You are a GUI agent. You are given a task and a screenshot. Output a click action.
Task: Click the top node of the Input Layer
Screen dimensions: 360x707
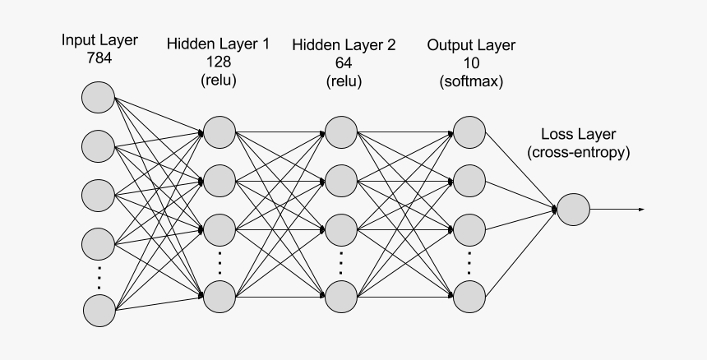click(x=98, y=97)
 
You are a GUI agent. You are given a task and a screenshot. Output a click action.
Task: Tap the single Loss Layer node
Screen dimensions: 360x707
click(x=573, y=210)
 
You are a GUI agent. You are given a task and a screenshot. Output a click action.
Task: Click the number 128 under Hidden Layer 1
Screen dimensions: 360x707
click(x=218, y=62)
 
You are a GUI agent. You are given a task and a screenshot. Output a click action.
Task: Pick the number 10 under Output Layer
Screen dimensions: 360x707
click(x=470, y=62)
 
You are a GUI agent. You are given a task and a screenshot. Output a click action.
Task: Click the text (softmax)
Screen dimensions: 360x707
click(x=471, y=81)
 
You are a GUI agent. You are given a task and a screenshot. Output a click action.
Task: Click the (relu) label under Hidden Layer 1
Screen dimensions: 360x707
click(x=218, y=81)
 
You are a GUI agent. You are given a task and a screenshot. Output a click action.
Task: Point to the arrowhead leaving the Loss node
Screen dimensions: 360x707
click(x=640, y=210)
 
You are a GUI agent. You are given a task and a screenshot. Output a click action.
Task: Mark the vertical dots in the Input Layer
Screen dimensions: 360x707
click(x=98, y=277)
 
